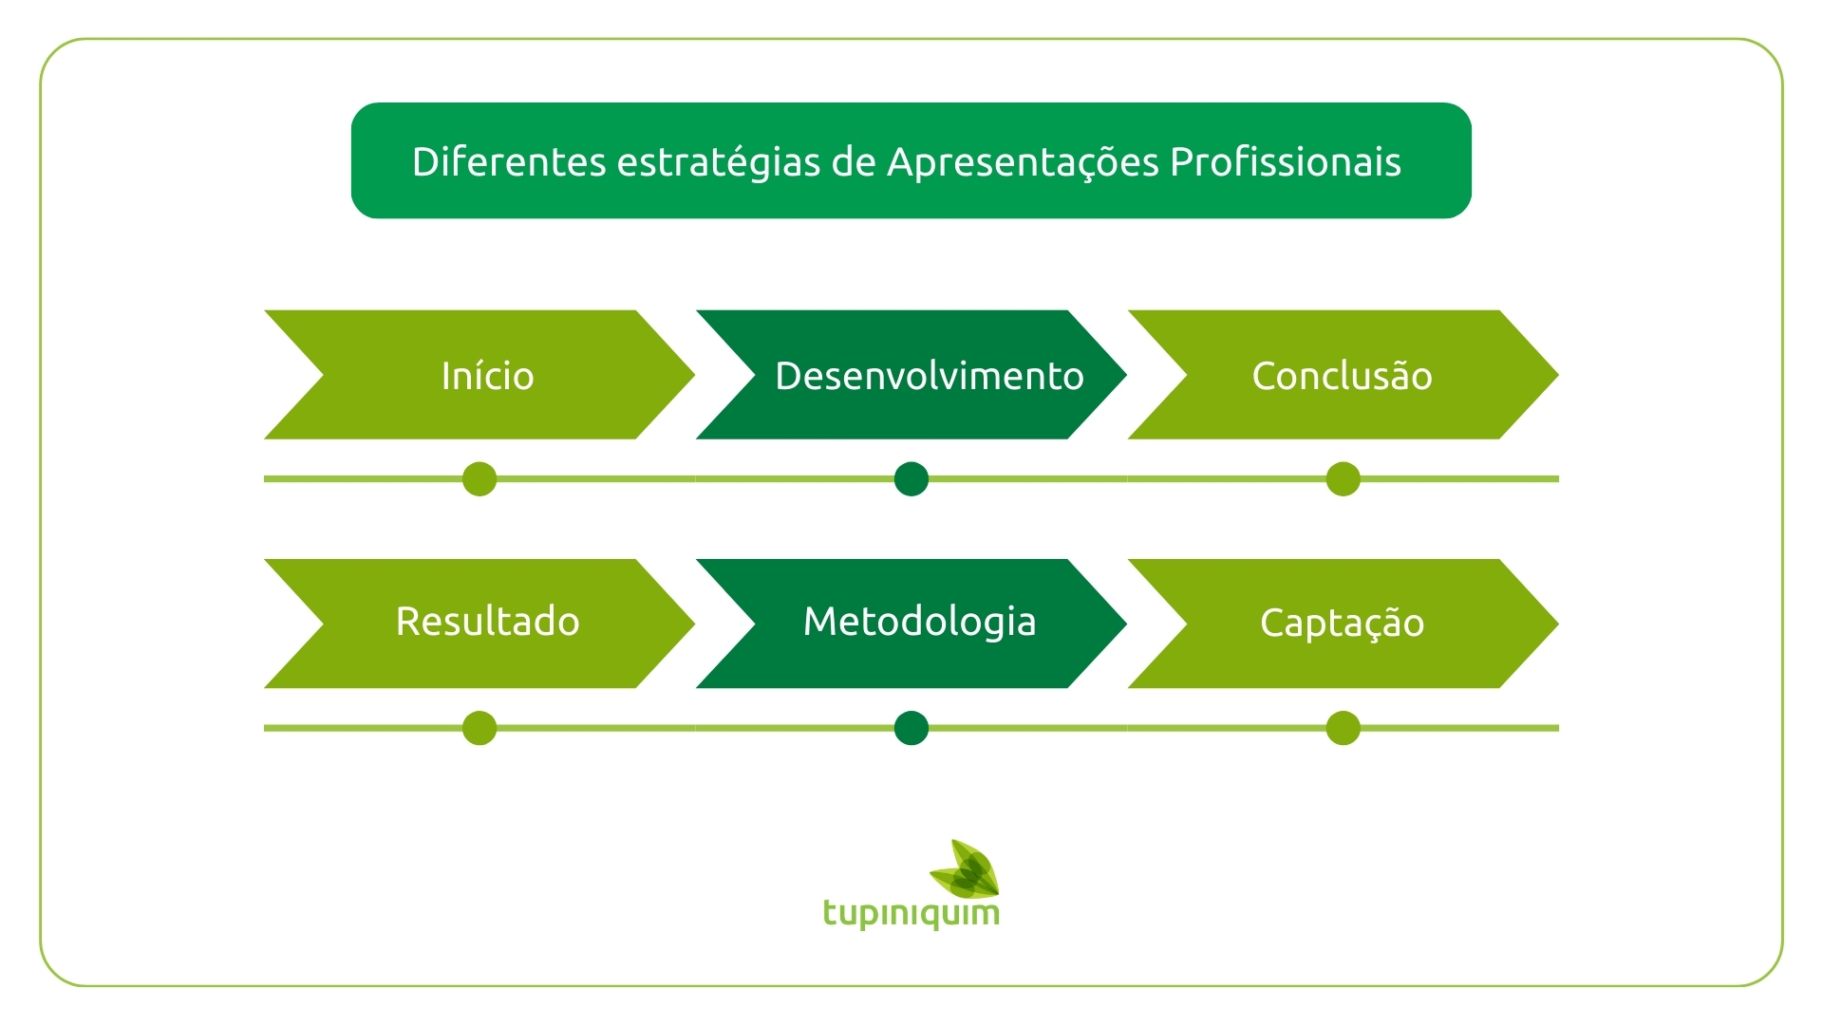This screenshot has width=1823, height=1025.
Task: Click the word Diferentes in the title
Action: (x=509, y=161)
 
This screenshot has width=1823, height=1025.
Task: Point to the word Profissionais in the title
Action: (x=1286, y=161)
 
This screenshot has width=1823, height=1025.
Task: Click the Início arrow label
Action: (x=487, y=376)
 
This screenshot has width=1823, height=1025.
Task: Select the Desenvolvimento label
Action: (x=930, y=376)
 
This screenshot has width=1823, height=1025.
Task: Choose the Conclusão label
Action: (x=1342, y=376)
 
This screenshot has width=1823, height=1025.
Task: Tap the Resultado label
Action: (x=487, y=622)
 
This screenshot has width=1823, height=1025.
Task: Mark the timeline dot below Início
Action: (x=479, y=479)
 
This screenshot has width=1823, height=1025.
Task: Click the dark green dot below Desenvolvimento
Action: (x=911, y=479)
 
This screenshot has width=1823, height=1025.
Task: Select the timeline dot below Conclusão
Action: (x=1344, y=479)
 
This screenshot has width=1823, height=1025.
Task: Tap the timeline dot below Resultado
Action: (x=479, y=728)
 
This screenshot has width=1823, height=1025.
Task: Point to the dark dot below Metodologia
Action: (x=911, y=728)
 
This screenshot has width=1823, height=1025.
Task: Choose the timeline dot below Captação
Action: (x=1344, y=728)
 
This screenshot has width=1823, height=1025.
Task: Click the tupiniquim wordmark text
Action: (x=911, y=914)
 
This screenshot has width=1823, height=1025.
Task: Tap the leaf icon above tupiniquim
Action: (x=965, y=868)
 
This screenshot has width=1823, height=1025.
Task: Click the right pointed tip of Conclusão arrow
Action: (x=1558, y=375)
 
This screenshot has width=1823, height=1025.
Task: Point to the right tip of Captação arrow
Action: (x=1558, y=624)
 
